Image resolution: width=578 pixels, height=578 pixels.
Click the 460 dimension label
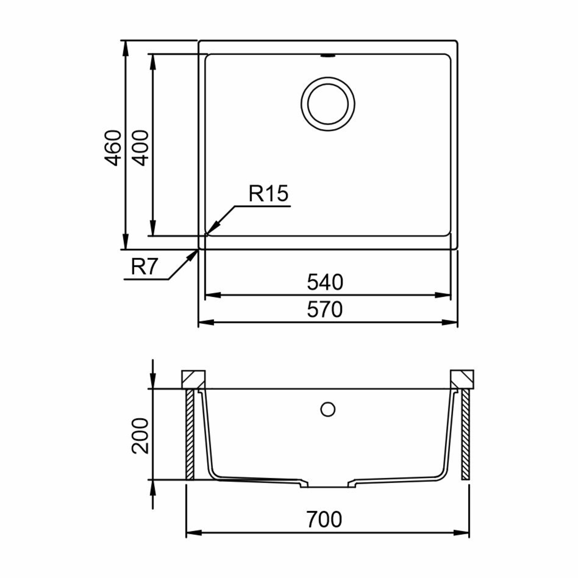click(113, 148)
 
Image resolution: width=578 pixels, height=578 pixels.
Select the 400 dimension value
click(141, 148)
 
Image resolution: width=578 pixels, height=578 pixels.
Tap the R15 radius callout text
click(268, 193)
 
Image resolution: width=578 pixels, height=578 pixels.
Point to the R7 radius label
click(145, 267)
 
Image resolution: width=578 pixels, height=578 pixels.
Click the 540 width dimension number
click(325, 282)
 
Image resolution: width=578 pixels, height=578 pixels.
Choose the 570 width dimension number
click(325, 309)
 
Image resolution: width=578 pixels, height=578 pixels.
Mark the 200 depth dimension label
click(141, 435)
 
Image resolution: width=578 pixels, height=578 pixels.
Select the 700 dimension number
click(324, 519)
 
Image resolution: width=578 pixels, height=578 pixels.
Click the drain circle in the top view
click(328, 104)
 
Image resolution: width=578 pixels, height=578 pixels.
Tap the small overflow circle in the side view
click(328, 409)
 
